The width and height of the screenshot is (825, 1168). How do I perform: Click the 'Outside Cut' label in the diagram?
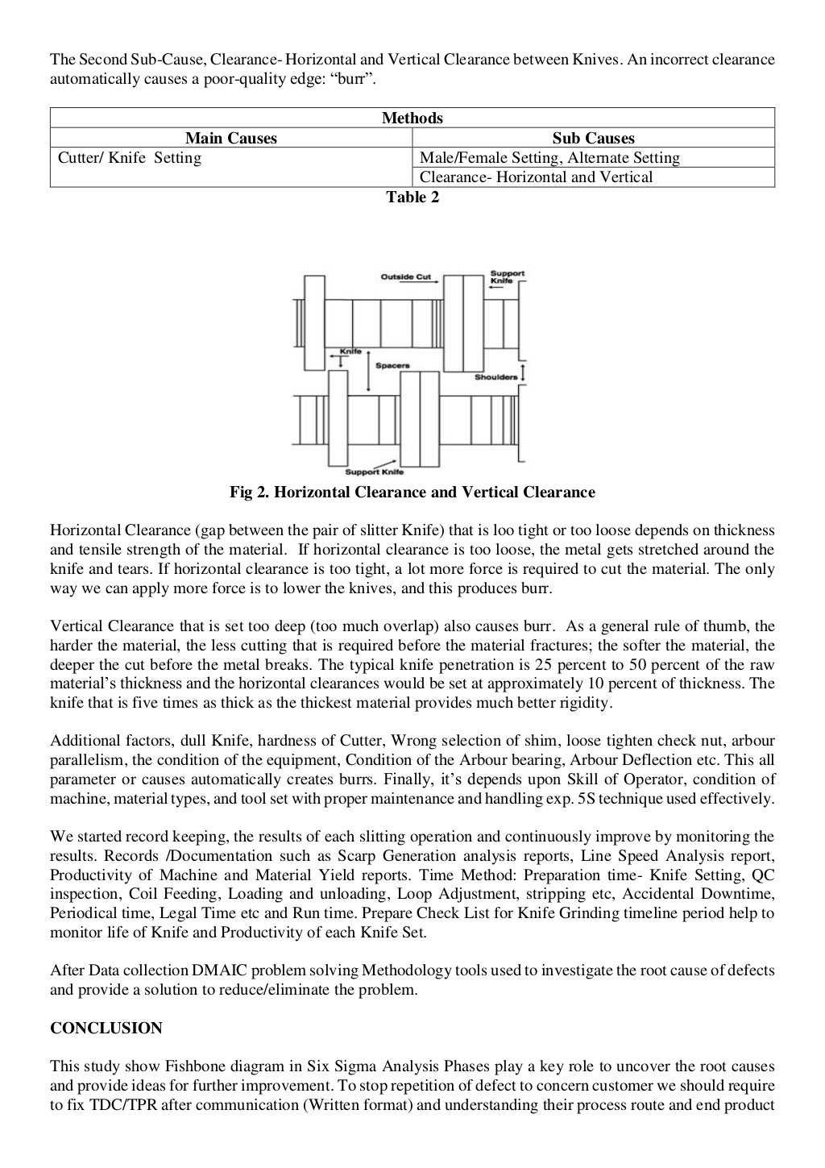tap(405, 276)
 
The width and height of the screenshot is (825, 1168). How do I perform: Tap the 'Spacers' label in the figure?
tap(392, 365)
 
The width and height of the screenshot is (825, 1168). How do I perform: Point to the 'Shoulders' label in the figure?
tap(495, 376)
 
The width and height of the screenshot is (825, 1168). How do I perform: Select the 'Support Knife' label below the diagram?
tap(374, 472)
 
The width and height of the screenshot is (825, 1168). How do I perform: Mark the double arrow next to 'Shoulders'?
tap(524, 372)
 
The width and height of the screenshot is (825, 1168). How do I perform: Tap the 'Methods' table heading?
tap(412, 118)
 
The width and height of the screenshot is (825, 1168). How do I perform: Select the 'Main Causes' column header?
tap(231, 138)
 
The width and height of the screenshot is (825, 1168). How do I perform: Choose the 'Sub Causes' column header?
tap(593, 138)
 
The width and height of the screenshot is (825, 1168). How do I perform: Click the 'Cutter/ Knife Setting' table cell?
tap(130, 157)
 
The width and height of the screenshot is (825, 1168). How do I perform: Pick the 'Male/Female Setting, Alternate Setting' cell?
tap(549, 157)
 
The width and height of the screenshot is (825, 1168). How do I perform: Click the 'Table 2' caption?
tap(412, 197)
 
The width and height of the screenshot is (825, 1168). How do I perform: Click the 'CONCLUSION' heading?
tap(106, 1028)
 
